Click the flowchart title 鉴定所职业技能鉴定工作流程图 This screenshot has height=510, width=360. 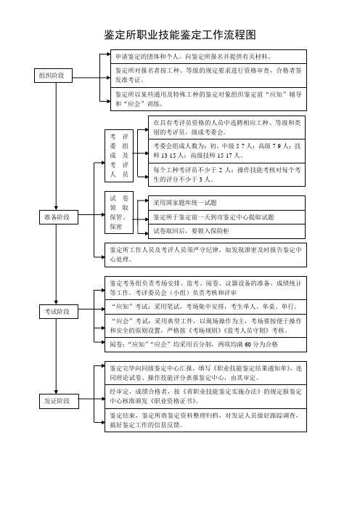(180, 35)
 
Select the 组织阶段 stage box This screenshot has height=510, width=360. (53, 76)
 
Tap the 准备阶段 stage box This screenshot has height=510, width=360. (59, 217)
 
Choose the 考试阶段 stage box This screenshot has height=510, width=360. (59, 311)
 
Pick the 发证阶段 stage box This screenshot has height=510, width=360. (59, 401)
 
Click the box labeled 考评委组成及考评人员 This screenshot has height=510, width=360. (119, 155)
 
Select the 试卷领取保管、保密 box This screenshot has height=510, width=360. (119, 212)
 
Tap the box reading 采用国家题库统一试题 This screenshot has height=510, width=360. (226, 203)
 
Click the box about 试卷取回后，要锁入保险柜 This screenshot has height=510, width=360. (226, 231)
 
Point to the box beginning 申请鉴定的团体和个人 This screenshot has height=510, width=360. (208, 57)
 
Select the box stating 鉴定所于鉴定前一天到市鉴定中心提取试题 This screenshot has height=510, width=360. (226, 217)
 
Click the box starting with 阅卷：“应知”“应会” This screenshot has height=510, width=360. (205, 344)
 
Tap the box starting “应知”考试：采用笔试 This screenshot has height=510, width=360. (205, 307)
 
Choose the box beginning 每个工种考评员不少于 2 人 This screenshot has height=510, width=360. (226, 174)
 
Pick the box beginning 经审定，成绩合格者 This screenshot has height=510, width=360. (205, 397)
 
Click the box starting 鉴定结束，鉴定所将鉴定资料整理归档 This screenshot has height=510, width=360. (205, 420)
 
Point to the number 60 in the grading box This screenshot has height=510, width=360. (248, 344)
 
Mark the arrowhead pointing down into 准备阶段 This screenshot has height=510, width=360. (56, 208)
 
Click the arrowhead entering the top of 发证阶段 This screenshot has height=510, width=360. (56, 392)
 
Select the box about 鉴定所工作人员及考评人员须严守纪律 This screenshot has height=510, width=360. (205, 255)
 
